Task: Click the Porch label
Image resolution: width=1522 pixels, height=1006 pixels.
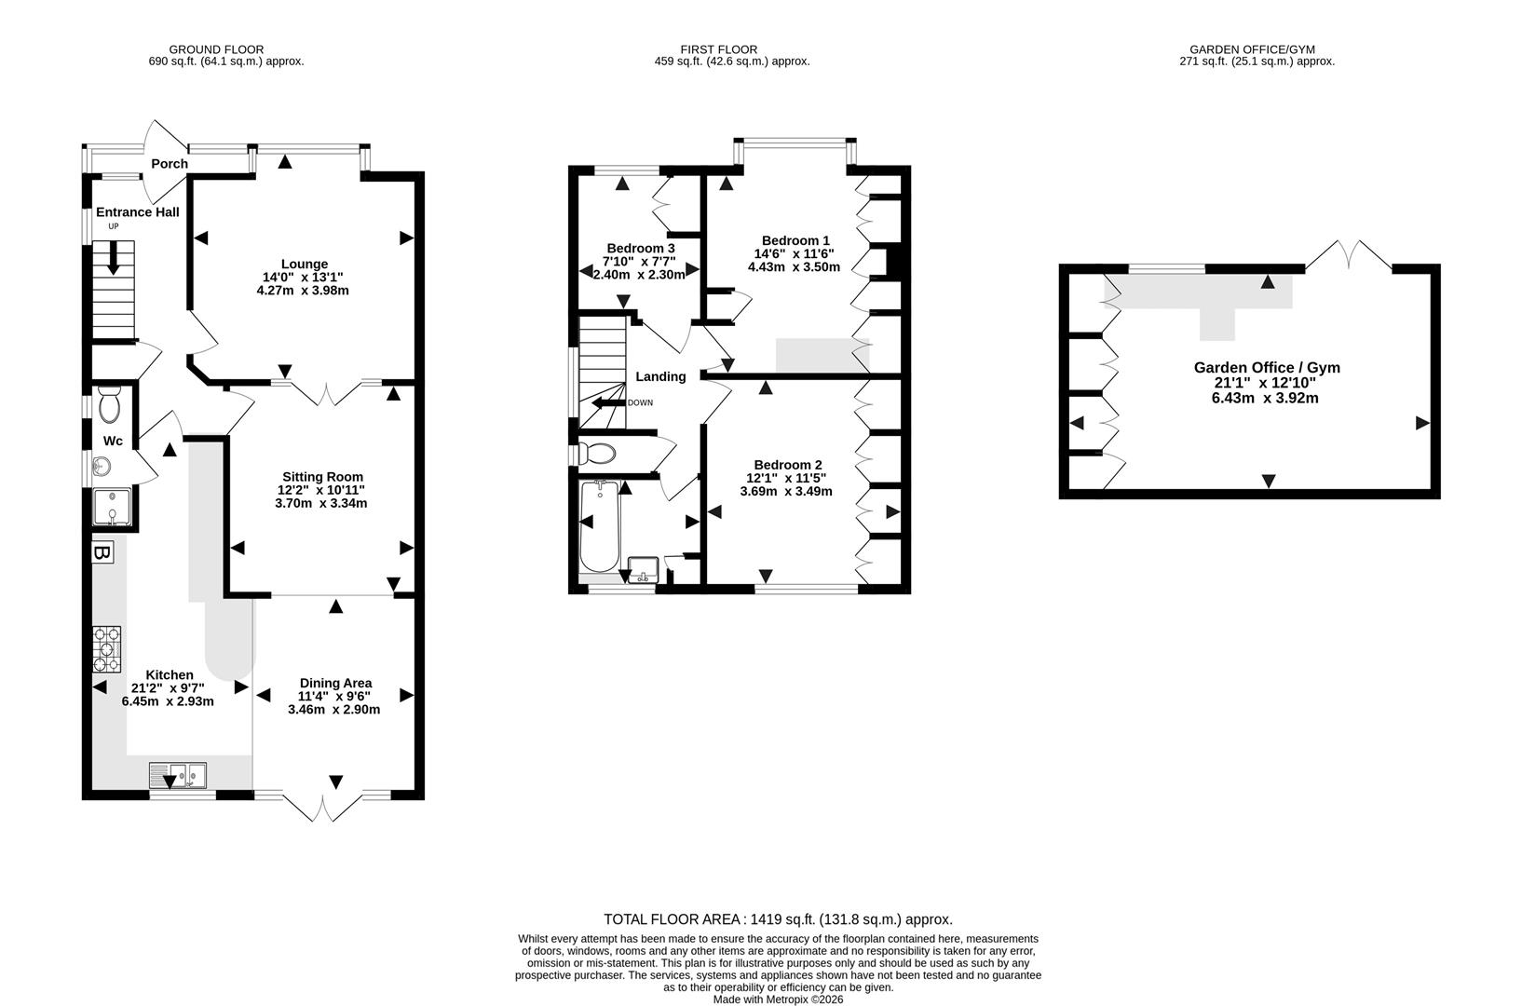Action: [170, 164]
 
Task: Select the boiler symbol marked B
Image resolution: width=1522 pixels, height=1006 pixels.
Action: [102, 553]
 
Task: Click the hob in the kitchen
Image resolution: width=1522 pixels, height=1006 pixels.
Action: [107, 649]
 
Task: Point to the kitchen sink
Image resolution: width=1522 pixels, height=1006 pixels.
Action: [179, 775]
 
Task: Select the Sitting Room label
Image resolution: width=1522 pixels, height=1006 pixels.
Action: [322, 477]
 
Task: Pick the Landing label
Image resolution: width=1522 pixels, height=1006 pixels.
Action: [660, 377]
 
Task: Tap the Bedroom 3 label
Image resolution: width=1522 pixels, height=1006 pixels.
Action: [641, 248]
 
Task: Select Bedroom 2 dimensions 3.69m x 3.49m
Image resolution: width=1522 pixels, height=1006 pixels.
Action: [786, 492]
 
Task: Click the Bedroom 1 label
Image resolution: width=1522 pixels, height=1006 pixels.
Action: [795, 239]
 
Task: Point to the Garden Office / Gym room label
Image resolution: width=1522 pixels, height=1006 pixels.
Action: [1267, 367]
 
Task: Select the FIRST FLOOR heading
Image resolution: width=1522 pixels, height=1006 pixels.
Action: [718, 49]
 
